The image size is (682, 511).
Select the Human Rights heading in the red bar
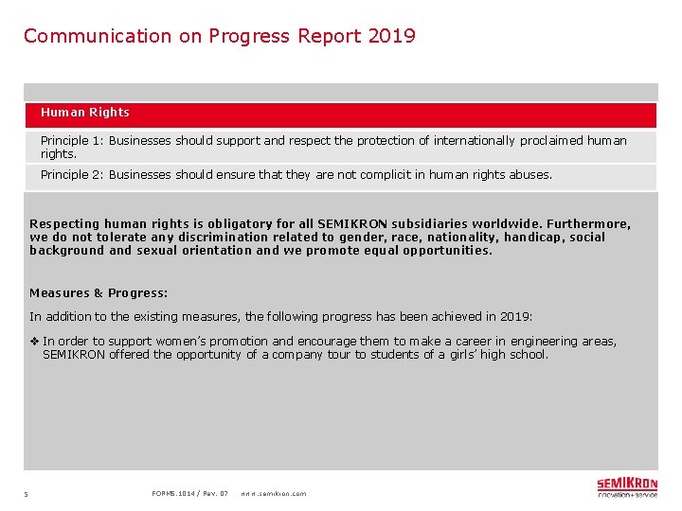(85, 113)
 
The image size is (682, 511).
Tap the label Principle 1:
(72, 141)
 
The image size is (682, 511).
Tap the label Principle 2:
(72, 175)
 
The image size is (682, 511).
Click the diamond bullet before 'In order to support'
(35, 342)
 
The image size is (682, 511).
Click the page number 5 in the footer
(27, 494)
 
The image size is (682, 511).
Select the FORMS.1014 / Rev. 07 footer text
(189, 493)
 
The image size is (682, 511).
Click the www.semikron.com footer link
(273, 494)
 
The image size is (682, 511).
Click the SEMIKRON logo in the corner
(626, 487)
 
